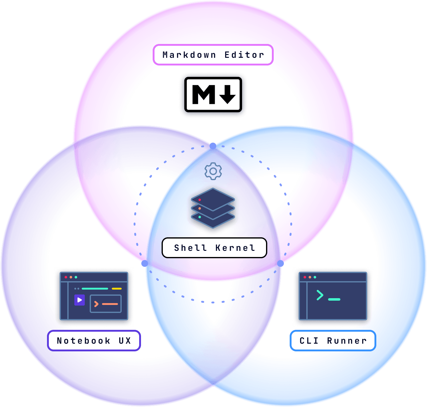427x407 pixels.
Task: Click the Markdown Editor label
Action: click(x=213, y=55)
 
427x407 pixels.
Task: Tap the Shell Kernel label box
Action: click(x=214, y=247)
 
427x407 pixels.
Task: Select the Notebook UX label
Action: click(x=94, y=340)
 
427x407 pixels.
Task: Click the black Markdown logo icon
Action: click(x=213, y=94)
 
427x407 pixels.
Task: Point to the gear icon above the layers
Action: click(x=213, y=171)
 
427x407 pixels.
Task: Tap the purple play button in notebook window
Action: click(x=80, y=300)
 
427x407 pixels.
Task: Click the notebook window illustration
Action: click(x=94, y=296)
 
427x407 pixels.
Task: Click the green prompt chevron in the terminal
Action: click(x=320, y=295)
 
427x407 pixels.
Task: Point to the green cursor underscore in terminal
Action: click(x=334, y=299)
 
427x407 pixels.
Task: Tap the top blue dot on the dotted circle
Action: click(x=213, y=146)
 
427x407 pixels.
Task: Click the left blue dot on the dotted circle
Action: click(x=145, y=263)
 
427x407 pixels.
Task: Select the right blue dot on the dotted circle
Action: click(x=280, y=263)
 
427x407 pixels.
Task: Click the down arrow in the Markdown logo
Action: click(x=227, y=94)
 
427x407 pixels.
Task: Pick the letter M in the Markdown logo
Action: click(x=203, y=94)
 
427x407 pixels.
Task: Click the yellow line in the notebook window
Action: click(x=116, y=289)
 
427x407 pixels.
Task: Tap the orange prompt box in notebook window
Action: click(x=106, y=303)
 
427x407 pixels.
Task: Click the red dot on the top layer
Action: click(x=199, y=200)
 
